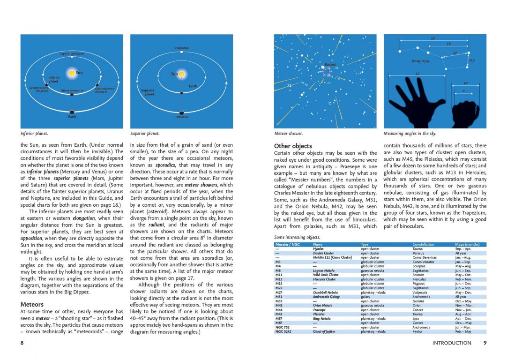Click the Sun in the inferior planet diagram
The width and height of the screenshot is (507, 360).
(72, 73)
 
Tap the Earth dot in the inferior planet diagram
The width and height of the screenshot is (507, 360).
(72, 112)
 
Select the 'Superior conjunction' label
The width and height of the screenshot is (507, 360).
(72, 54)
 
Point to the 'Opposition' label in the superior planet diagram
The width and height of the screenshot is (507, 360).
(181, 117)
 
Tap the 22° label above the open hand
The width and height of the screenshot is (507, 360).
(417, 74)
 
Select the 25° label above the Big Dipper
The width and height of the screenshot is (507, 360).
(432, 38)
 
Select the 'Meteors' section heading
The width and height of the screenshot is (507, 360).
(32, 305)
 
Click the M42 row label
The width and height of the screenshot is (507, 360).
(279, 306)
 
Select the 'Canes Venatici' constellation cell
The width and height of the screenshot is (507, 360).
(424, 262)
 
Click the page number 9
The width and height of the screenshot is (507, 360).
(485, 343)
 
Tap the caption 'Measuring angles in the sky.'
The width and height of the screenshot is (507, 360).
(410, 134)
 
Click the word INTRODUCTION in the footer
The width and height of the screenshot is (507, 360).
(452, 343)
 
